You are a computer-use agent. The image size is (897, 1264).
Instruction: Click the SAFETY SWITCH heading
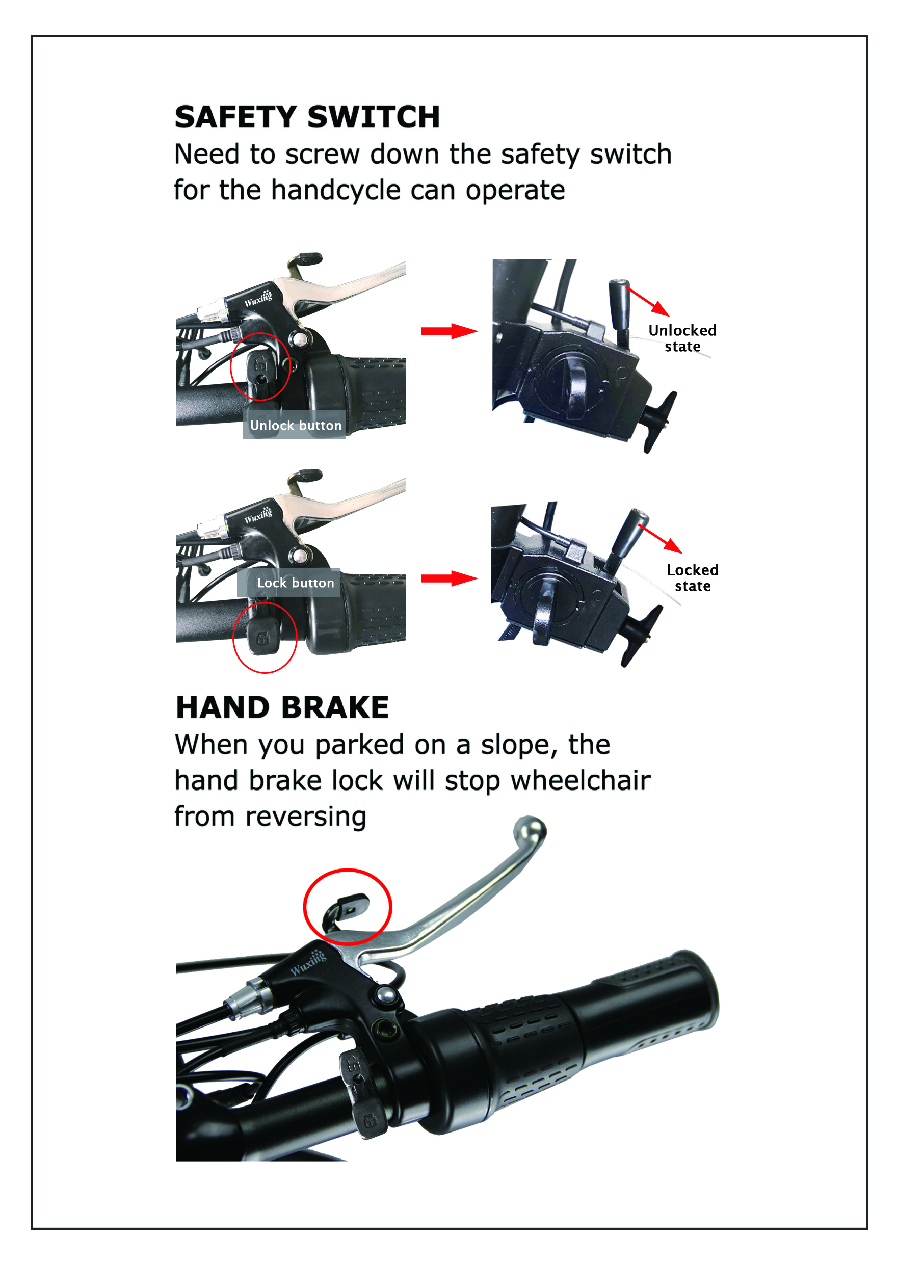coord(307,117)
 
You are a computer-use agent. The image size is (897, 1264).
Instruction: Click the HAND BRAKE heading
coord(282,707)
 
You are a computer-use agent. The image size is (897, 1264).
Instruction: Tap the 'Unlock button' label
coord(296,425)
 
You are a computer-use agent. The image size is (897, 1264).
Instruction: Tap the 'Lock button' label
coord(296,583)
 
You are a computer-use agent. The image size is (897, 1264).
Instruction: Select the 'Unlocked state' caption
coord(683,338)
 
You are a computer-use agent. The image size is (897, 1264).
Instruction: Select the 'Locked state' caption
coord(693,577)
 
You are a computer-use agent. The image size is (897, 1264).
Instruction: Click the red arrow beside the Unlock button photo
coord(449,331)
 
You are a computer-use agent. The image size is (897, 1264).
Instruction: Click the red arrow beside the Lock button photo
coord(449,578)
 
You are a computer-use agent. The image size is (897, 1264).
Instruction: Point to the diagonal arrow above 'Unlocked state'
coord(647,301)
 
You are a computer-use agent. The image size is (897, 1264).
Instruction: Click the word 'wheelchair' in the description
coord(581,780)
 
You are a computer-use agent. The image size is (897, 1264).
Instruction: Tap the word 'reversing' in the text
coord(306,817)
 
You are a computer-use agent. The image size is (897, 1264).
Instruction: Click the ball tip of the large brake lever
coord(530,829)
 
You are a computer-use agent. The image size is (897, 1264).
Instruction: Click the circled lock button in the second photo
coord(262,637)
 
